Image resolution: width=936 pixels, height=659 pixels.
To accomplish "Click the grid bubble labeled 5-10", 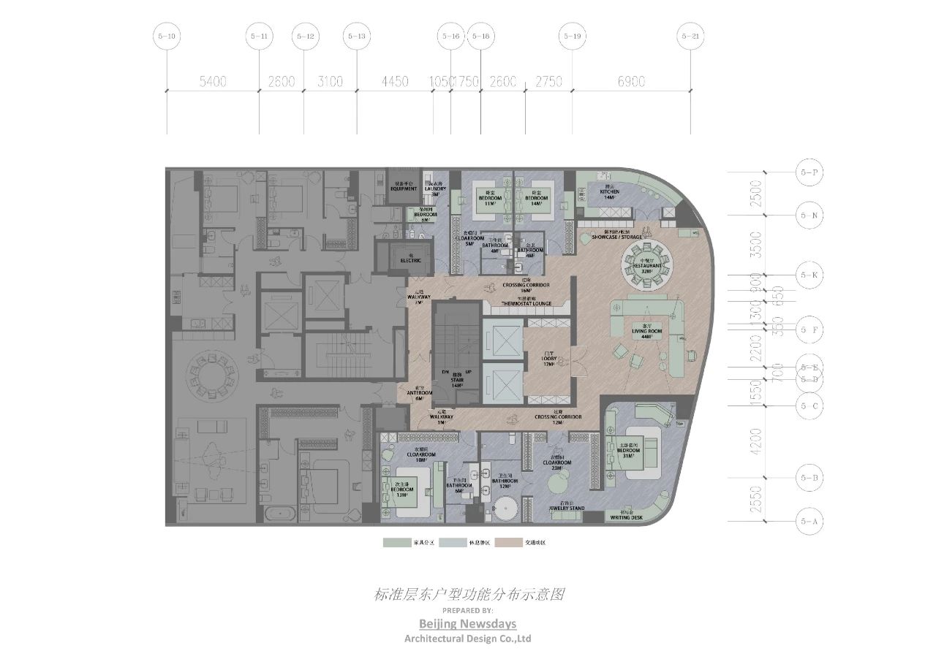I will [x=167, y=36].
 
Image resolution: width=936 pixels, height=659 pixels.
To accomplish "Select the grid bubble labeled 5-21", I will [x=690, y=36].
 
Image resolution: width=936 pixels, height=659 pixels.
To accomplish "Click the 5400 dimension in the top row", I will [x=213, y=82].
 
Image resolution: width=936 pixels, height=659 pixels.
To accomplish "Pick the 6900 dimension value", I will [x=631, y=82].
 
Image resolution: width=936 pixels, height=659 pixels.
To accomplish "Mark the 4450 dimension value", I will [x=394, y=82].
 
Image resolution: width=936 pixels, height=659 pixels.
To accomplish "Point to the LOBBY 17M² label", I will [x=548, y=361].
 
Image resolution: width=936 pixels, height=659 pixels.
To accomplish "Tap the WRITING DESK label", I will [x=626, y=517].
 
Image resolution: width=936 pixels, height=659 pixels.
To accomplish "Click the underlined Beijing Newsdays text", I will [x=467, y=623].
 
